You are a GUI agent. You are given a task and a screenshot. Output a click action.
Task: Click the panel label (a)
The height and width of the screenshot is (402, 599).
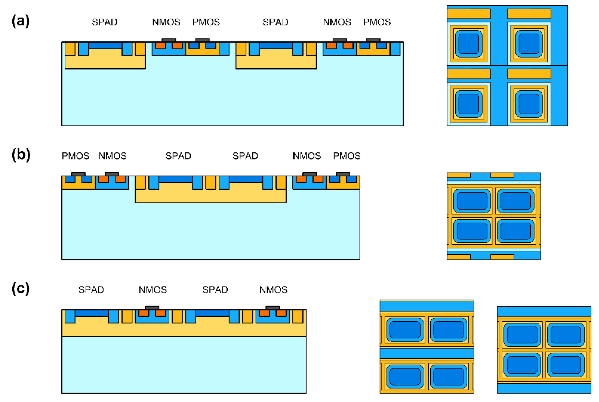(x=21, y=21)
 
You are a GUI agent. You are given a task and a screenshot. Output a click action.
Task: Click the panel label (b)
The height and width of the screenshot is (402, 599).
(x=21, y=155)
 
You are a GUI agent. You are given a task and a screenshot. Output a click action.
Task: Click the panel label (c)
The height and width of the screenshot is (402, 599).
(x=21, y=289)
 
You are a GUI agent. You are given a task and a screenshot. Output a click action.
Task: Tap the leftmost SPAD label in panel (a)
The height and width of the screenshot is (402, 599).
(x=105, y=22)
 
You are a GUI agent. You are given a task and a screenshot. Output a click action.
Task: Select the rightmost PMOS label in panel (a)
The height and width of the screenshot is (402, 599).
(x=377, y=22)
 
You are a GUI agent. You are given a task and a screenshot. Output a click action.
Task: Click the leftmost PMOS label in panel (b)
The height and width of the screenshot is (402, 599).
(x=75, y=156)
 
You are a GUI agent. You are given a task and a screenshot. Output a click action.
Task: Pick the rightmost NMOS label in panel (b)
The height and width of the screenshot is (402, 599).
(x=307, y=156)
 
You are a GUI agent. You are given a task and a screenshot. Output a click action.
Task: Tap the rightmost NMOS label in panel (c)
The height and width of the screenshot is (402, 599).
(x=273, y=290)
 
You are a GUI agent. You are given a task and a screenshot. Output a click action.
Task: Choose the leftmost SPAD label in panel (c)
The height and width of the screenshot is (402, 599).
(x=91, y=290)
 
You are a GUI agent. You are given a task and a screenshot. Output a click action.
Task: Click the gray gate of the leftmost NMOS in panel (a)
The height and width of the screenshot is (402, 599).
(x=169, y=40)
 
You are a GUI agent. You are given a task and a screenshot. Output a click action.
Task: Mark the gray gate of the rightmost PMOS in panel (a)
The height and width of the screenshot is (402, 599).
(x=373, y=40)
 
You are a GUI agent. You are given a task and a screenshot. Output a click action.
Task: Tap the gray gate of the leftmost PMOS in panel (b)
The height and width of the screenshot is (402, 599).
(x=78, y=174)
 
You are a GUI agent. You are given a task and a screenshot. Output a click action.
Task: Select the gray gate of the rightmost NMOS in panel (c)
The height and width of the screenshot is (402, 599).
(x=273, y=308)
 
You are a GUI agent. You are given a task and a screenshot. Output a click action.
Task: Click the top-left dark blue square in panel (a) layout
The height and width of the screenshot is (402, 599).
(x=468, y=44)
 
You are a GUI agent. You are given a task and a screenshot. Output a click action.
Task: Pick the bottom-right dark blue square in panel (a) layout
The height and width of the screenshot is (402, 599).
(x=529, y=104)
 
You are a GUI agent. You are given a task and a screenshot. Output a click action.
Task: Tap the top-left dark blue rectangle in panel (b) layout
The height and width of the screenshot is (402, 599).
(x=472, y=201)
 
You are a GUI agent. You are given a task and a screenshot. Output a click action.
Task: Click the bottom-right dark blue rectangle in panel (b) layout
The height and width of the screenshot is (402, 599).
(x=515, y=231)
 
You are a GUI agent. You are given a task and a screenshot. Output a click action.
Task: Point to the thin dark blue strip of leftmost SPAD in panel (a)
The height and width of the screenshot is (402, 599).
(x=105, y=46)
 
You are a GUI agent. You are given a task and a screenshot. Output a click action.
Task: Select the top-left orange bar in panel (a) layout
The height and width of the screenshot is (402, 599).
(x=469, y=13)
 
